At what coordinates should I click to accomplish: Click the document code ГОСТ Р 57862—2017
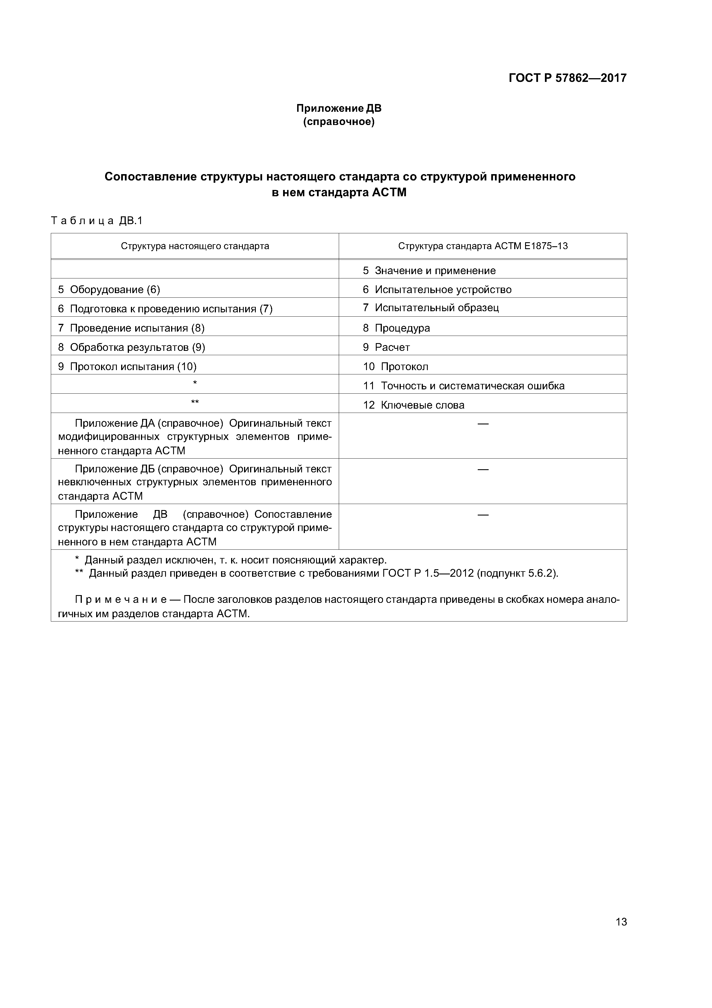point(567,78)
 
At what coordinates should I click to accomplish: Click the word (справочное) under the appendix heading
point(339,122)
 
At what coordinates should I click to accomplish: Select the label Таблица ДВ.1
point(97,221)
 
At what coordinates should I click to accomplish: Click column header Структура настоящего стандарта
point(195,246)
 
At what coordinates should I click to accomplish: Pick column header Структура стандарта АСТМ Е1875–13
point(483,246)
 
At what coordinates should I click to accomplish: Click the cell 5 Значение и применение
point(429,270)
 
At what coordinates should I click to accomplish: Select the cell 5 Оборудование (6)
point(109,290)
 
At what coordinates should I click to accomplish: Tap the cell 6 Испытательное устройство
point(437,290)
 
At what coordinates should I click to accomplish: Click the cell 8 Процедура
point(396,328)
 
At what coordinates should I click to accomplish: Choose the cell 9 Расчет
point(386,347)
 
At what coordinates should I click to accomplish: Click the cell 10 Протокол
point(395,367)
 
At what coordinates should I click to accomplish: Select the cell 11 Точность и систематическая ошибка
point(464,386)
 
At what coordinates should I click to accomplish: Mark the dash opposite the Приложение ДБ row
point(483,469)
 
